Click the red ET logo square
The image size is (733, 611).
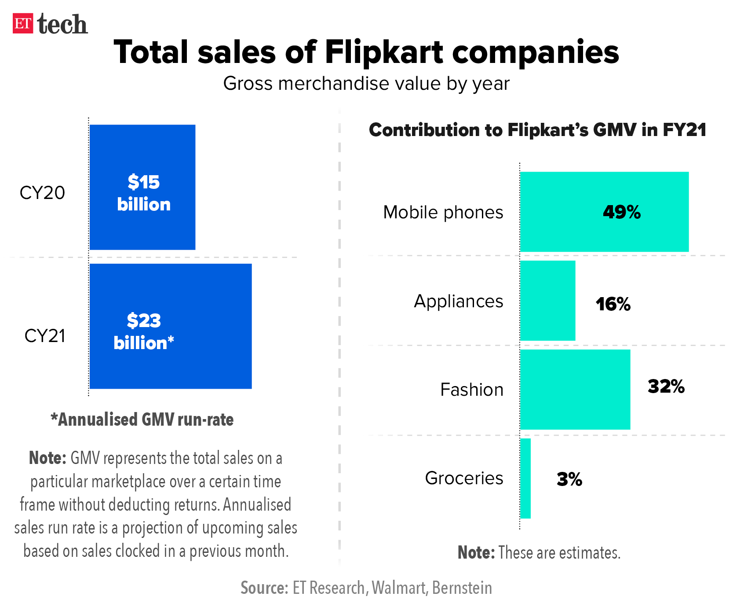pyautogui.click(x=23, y=24)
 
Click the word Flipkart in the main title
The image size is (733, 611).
pyautogui.click(x=384, y=52)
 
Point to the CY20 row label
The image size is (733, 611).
pyautogui.click(x=42, y=193)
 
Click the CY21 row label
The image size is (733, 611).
pyautogui.click(x=44, y=336)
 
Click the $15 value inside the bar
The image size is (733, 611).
pyautogui.click(x=144, y=182)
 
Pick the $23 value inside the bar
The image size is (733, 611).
pyautogui.click(x=144, y=320)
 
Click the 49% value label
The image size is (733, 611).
pyautogui.click(x=622, y=212)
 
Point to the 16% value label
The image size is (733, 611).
pyautogui.click(x=613, y=304)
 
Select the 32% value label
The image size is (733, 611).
pyautogui.click(x=666, y=386)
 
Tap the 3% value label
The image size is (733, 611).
pyautogui.click(x=569, y=479)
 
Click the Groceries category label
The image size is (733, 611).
pyautogui.click(x=464, y=478)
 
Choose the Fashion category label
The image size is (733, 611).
pyautogui.click(x=472, y=390)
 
